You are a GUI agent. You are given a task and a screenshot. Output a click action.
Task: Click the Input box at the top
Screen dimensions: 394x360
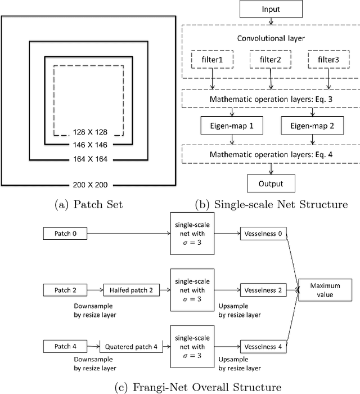[271, 10]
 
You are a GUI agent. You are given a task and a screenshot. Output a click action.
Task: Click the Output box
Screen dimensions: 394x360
[271, 183]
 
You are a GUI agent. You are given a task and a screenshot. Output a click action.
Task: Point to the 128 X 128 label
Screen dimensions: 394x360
[89, 133]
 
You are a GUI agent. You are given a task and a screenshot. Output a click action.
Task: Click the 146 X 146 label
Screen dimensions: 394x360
[89, 145]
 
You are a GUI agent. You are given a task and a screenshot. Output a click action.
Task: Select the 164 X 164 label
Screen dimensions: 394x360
[89, 159]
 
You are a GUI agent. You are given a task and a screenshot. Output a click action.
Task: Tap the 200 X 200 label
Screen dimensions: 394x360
[89, 184]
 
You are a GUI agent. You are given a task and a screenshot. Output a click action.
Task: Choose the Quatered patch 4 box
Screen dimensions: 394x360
[130, 347]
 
